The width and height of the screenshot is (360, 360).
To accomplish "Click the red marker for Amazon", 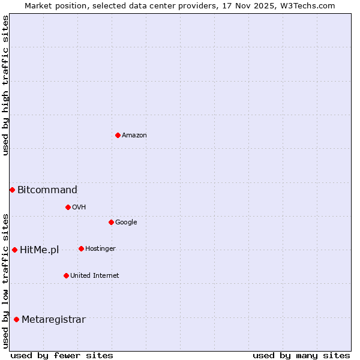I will tap(118, 135).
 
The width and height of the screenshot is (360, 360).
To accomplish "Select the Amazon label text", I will tap(134, 135).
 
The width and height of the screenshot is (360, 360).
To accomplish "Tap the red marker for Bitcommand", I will tap(12, 190).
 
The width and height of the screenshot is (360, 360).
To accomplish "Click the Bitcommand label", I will tap(47, 190).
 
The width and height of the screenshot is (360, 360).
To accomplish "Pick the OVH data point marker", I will tap(68, 207).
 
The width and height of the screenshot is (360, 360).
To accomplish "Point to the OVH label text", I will tap(79, 207).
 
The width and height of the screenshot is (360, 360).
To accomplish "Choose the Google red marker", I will tap(111, 222).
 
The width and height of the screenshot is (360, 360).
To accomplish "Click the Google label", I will tap(126, 222).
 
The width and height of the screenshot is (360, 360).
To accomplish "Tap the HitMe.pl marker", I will tap(14, 250).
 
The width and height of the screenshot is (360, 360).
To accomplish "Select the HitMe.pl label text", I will tap(40, 250).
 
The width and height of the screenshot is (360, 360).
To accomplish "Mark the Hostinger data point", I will tap(81, 248).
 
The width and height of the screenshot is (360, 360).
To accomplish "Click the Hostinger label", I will tap(100, 248).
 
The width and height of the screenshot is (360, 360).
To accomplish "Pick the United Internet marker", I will tap(66, 275).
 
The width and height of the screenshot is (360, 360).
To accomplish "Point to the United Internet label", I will tap(94, 275).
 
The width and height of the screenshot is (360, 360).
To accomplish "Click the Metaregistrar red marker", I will tap(16, 319).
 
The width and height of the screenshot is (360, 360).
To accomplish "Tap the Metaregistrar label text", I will tap(53, 320).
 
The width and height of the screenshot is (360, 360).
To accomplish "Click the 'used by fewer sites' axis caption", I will tap(62, 355).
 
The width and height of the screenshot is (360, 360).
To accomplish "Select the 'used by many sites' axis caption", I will tap(301, 355).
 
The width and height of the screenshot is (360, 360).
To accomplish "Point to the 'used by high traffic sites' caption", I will tap(5, 85).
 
